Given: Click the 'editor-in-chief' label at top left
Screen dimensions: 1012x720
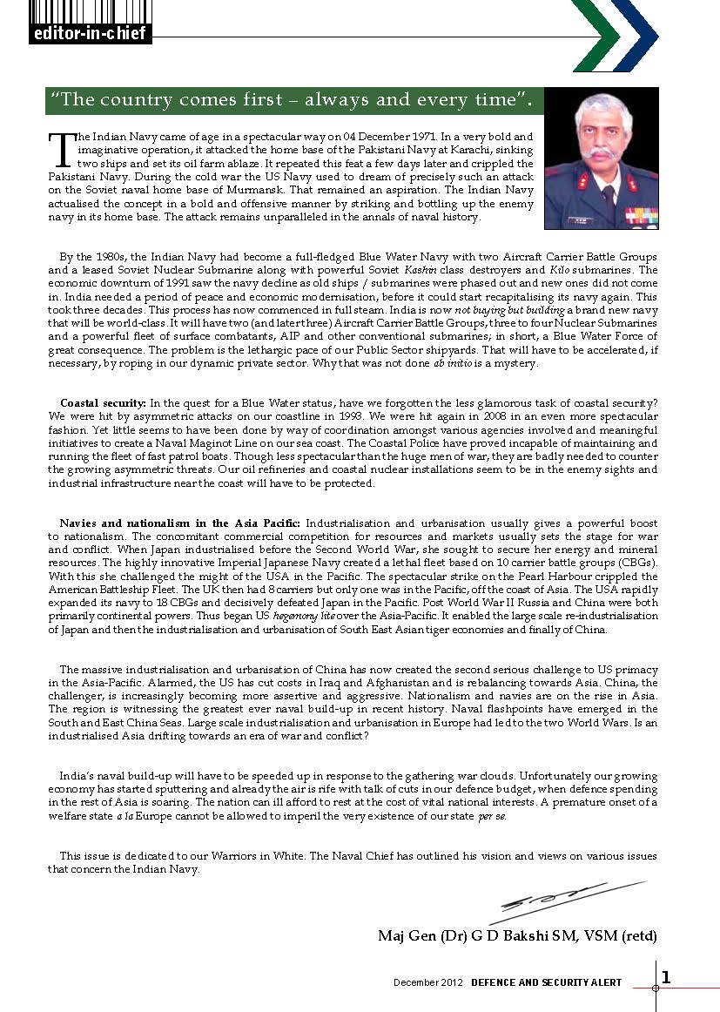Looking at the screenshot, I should [91, 35].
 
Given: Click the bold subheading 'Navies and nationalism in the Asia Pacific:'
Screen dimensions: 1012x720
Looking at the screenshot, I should [179, 523].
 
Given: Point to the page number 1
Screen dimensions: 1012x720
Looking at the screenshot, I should [666, 978].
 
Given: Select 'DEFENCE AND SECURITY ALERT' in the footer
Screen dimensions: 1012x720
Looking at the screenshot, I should [547, 982].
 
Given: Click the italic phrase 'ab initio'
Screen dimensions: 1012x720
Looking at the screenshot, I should [449, 363].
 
